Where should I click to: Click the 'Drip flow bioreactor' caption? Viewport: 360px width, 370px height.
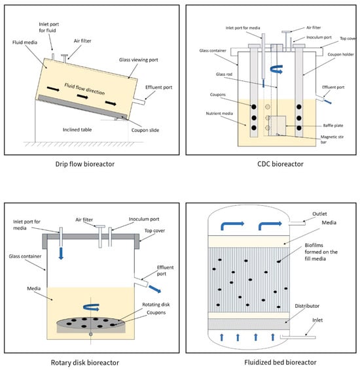[85, 164]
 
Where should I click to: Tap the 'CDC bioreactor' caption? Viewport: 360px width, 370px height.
[280, 164]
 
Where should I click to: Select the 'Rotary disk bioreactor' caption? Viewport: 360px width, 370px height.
[85, 362]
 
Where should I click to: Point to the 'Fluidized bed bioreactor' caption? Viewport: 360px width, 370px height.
[280, 362]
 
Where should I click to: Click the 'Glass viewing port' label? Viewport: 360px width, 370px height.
[138, 60]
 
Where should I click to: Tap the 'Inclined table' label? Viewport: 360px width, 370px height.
[77, 129]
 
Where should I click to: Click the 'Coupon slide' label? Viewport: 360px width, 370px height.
[145, 130]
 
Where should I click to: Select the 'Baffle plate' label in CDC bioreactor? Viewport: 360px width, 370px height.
[333, 126]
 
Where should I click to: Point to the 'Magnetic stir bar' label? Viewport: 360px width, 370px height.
[332, 139]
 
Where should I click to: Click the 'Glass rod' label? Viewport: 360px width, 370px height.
[224, 75]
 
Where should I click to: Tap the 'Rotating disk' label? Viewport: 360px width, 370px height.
[156, 305]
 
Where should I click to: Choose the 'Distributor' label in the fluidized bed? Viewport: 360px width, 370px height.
[307, 306]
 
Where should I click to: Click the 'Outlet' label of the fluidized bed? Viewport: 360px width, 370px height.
[319, 214]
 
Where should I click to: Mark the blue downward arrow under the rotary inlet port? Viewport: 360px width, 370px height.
[61, 254]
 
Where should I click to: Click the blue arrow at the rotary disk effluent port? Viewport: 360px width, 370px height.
[155, 289]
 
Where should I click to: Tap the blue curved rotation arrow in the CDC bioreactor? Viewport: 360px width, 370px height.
[276, 69]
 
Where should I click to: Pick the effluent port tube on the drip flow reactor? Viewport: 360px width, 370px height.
[139, 102]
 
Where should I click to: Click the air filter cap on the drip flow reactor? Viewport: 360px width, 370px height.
[65, 56]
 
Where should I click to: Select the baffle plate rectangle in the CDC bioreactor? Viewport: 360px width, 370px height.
[277, 126]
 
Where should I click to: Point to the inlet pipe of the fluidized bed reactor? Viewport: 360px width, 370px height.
[298, 337]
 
